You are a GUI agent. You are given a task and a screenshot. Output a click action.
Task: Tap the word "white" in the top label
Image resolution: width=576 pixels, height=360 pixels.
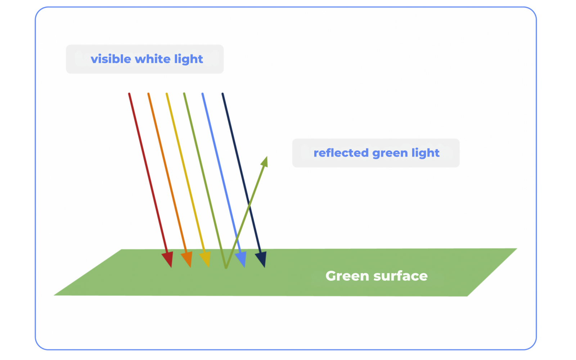pos(153,59)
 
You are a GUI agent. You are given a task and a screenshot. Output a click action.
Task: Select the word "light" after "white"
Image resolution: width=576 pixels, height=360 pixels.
pos(189,59)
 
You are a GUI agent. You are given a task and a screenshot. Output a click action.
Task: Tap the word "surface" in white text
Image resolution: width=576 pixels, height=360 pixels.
pos(400,276)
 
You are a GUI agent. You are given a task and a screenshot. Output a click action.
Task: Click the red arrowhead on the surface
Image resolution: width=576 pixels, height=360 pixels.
pos(168,259)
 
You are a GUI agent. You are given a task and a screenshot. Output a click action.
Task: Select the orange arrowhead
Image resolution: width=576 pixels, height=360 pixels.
pos(187,259)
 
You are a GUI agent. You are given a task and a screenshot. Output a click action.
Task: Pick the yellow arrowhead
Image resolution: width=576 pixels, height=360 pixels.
pos(206,259)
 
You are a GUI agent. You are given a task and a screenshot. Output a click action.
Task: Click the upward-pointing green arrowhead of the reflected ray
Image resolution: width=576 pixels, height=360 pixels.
pos(265,162)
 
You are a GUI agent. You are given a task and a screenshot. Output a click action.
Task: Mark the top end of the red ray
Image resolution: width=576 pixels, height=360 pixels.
pos(129,94)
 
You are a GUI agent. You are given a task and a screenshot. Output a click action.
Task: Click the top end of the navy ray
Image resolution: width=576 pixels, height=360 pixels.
pos(223,94)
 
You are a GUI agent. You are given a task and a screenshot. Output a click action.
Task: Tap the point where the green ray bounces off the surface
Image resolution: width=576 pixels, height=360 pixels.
pos(226,267)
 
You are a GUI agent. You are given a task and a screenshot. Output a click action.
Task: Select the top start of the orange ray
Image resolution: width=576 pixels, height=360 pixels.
pos(148,94)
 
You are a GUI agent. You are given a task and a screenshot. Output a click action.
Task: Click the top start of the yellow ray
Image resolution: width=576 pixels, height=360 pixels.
pos(167,94)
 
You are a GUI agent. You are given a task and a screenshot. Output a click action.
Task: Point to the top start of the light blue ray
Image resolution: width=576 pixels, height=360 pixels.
pos(203,94)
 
